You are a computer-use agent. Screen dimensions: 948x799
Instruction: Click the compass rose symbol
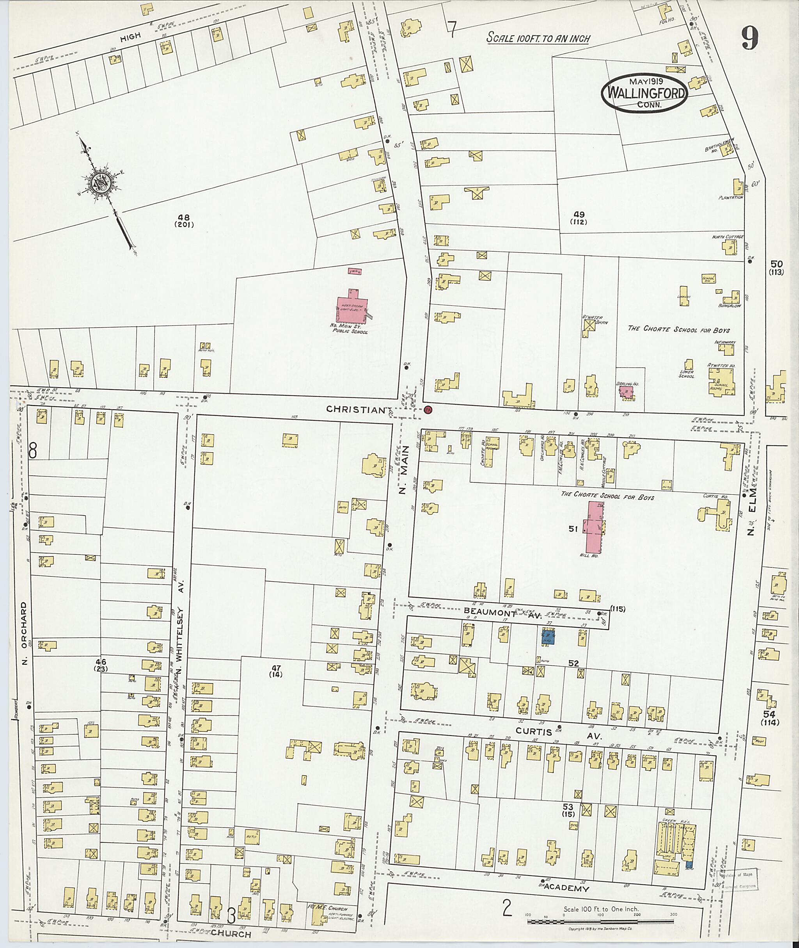[101, 183]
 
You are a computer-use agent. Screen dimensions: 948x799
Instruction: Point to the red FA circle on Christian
[428, 410]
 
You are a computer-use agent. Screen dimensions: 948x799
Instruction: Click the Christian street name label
[355, 410]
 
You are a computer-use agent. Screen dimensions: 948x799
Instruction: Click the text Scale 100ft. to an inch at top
[538, 38]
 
